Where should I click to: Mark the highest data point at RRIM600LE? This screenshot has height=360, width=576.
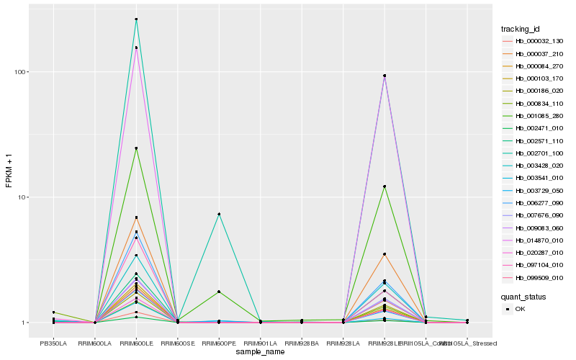(x=136, y=19)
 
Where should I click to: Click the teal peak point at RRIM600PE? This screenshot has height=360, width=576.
(x=219, y=214)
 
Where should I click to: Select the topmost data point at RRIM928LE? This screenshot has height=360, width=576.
(x=384, y=76)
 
